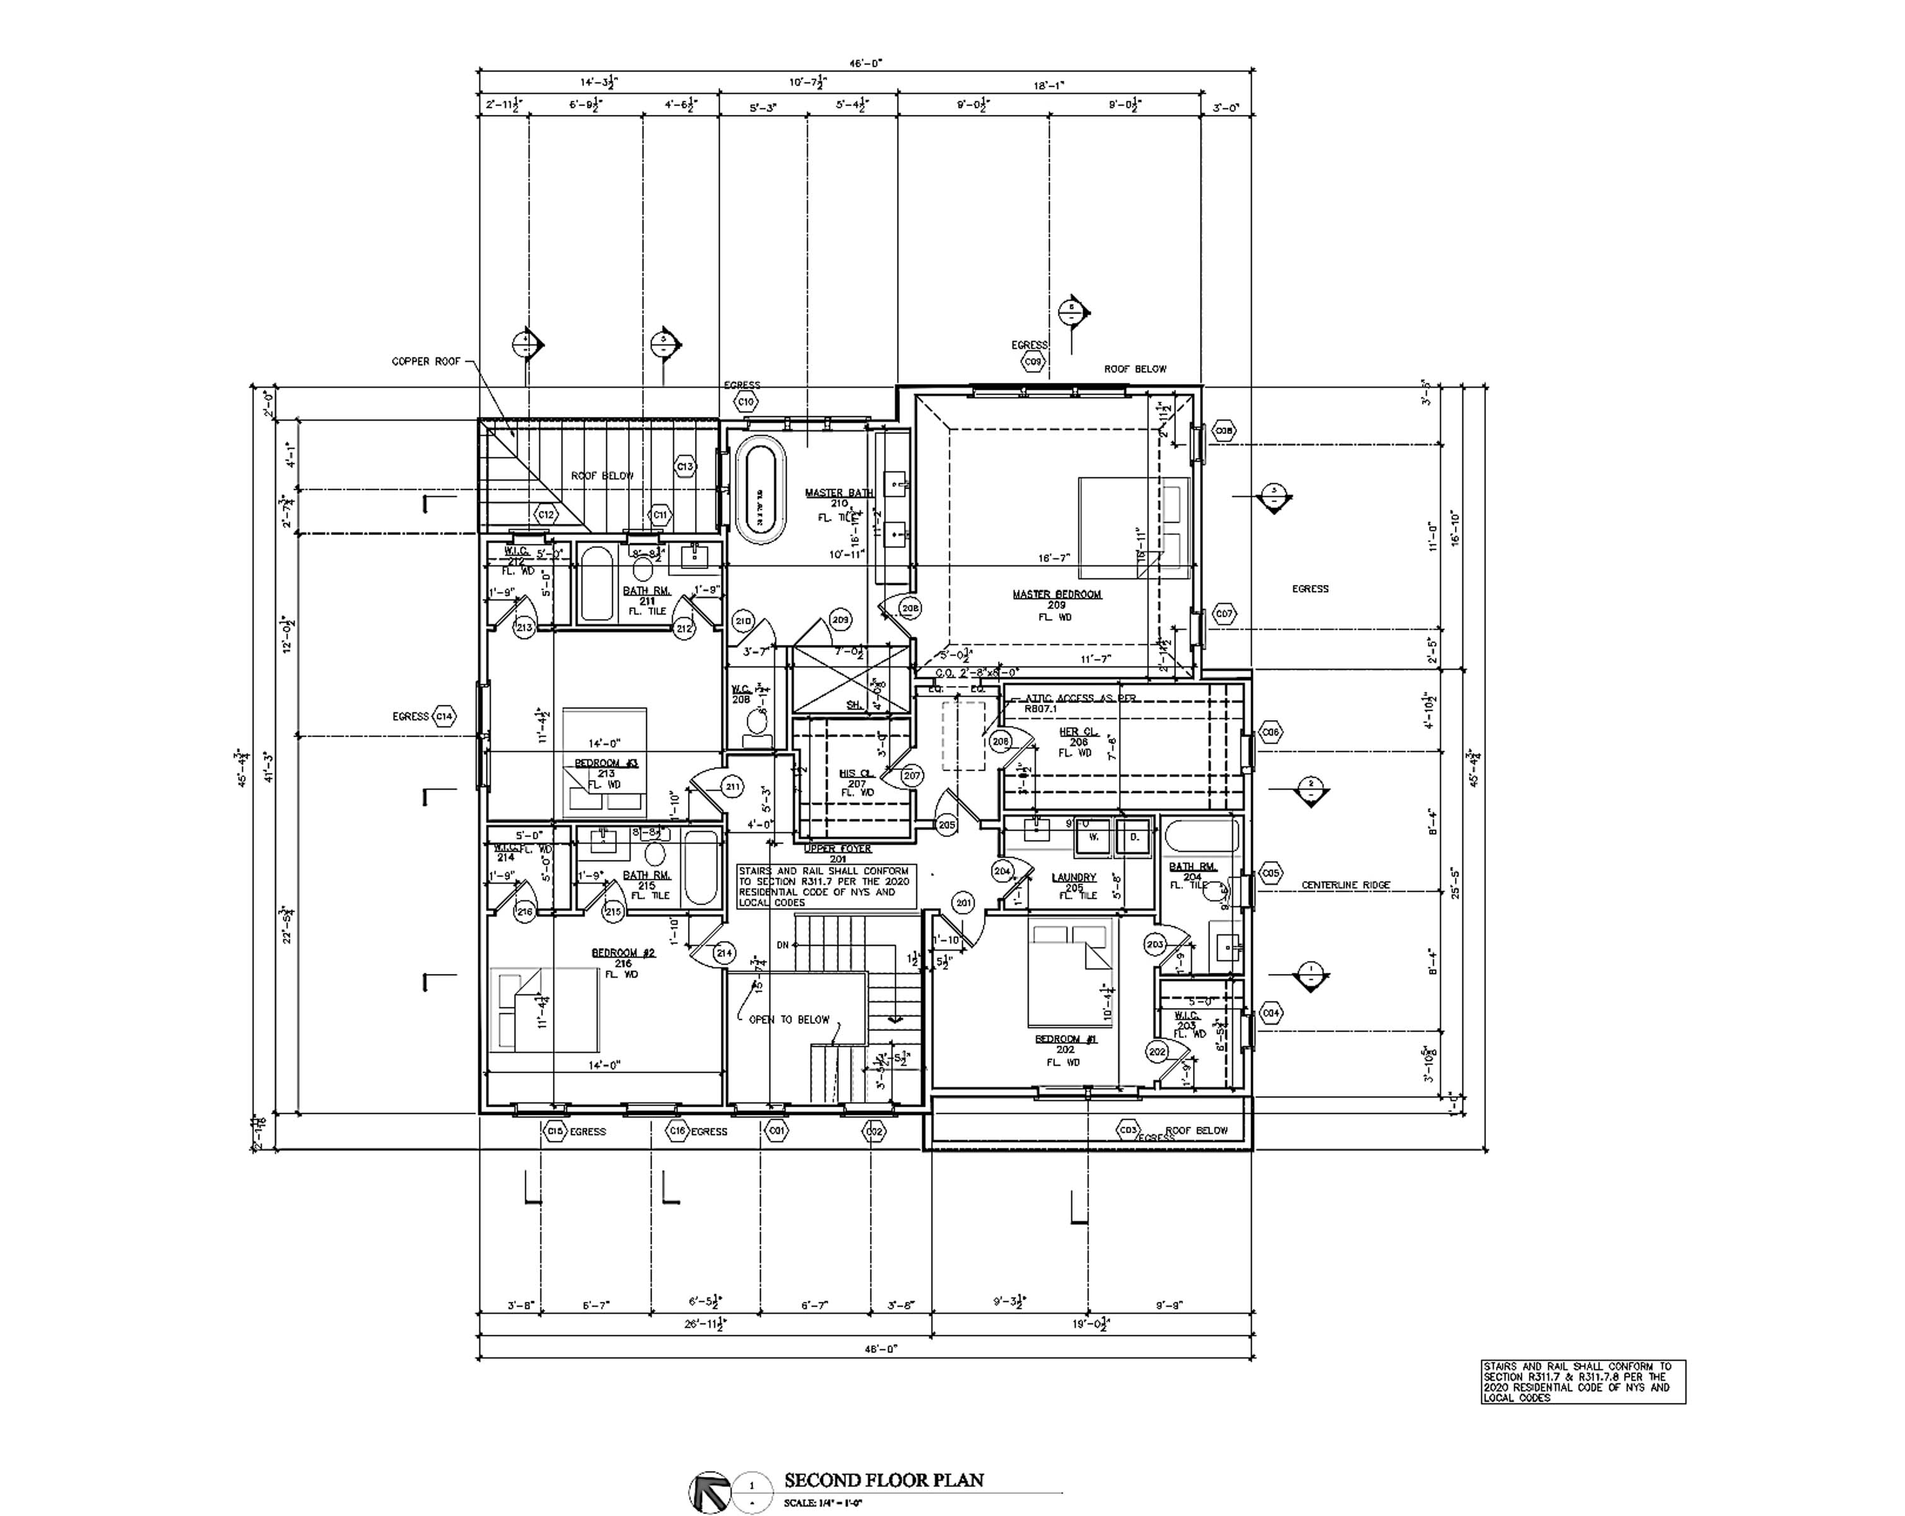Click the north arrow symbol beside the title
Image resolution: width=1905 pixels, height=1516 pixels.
click(x=709, y=1491)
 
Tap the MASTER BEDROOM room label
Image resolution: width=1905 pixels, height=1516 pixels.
click(x=1057, y=594)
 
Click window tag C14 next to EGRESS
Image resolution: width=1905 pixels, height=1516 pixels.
click(x=444, y=716)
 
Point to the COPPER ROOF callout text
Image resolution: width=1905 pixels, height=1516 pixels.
click(x=426, y=361)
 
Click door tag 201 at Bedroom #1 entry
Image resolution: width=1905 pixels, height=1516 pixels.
click(x=963, y=903)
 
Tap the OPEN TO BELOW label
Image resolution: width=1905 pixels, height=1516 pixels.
click(x=789, y=1020)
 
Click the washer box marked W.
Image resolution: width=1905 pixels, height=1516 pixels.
click(x=1093, y=837)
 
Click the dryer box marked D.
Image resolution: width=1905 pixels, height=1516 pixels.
click(x=1134, y=837)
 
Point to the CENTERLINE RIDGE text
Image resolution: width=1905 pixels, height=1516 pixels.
click(x=1345, y=885)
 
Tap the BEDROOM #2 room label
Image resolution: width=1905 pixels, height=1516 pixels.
click(x=623, y=953)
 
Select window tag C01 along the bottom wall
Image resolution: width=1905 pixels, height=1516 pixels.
click(x=776, y=1131)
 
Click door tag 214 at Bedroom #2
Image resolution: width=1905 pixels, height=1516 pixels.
click(x=725, y=953)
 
